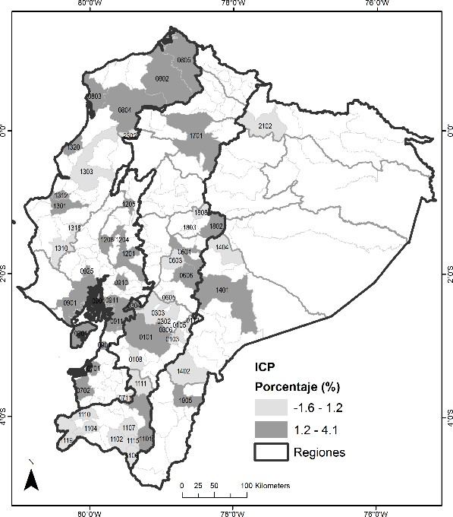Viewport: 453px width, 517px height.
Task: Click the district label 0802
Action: click(162, 78)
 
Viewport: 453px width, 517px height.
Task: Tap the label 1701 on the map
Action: click(196, 135)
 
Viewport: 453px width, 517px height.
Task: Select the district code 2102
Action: click(265, 125)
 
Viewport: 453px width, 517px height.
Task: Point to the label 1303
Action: click(85, 172)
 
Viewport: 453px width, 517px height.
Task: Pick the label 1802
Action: click(215, 227)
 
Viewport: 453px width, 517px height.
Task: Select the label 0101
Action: click(146, 336)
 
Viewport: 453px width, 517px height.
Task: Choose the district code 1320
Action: click(74, 147)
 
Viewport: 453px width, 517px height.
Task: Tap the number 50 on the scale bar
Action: click(215, 485)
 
